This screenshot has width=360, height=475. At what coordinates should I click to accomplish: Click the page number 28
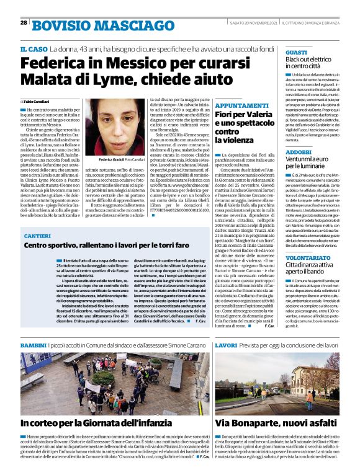click(24, 23)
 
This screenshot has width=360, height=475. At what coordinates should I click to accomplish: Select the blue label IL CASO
click(34, 49)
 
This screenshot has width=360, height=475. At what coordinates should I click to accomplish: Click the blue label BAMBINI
click(34, 344)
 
